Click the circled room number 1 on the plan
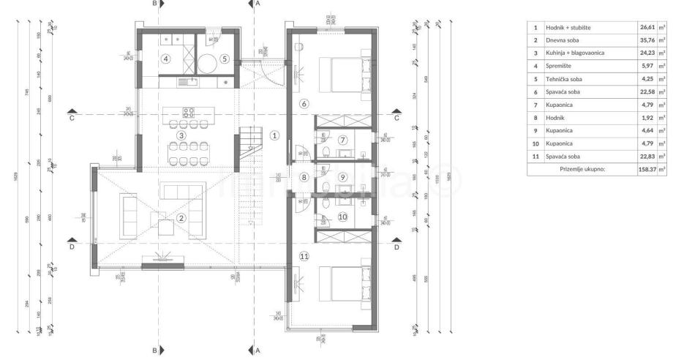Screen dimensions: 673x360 274,135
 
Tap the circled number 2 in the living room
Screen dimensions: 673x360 182,217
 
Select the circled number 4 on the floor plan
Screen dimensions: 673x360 167,59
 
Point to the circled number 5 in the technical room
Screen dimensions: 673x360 225,59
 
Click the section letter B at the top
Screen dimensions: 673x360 155,4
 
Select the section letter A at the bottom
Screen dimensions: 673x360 257,350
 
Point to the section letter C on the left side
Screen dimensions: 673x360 72,117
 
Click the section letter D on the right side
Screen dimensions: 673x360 396,247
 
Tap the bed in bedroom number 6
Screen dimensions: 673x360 343,73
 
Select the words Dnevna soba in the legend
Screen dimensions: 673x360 564,40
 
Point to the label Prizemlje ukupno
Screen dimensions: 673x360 582,169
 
